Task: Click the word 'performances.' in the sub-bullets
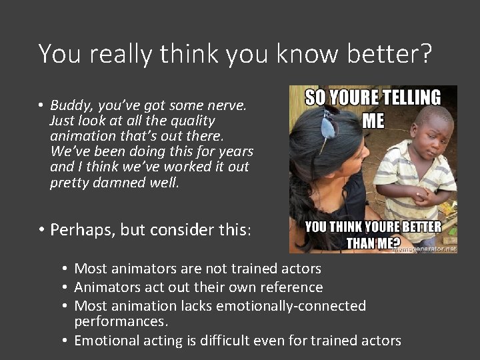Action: (x=121, y=321)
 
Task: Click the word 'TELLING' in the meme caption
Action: (x=410, y=98)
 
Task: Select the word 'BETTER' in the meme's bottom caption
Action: (x=419, y=226)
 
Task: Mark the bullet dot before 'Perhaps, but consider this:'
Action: (x=41, y=230)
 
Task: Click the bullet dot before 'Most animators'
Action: (x=65, y=269)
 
